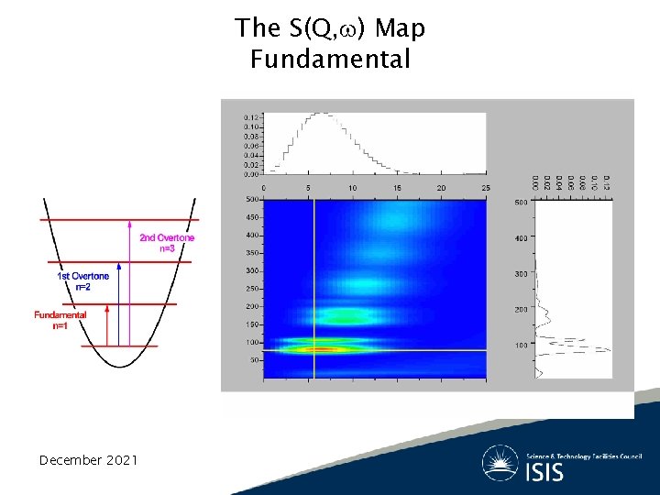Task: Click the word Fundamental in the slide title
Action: coord(329,60)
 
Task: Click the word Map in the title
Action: coord(400,28)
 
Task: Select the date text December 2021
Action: coord(88,459)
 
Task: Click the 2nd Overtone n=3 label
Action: coord(167,243)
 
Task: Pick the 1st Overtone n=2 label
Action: coord(83,280)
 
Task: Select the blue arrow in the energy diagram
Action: coord(121,303)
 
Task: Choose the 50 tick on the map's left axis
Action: coord(254,360)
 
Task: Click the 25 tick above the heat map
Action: coord(485,189)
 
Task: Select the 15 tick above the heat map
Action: coord(397,189)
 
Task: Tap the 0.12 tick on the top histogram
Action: coord(250,117)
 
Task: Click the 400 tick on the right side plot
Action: coord(521,238)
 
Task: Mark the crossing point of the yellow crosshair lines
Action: coord(314,350)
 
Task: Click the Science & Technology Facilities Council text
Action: coord(585,456)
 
